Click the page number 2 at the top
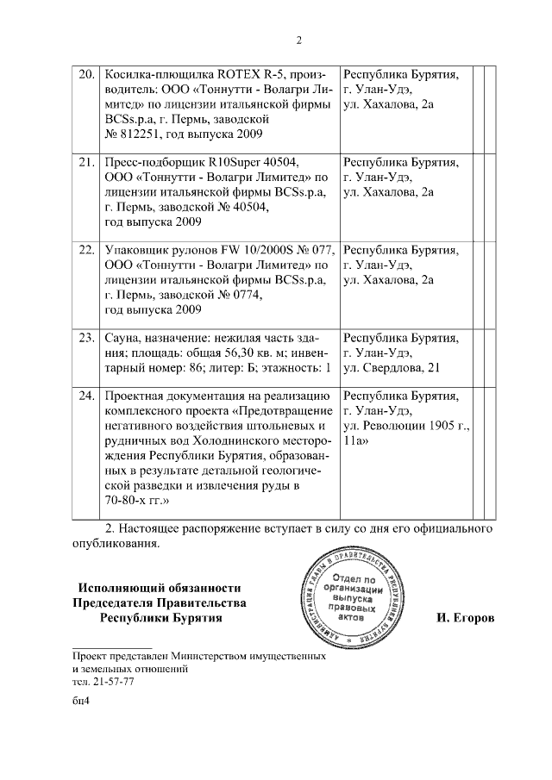tap(298, 40)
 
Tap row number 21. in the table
tap(86, 161)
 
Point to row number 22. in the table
tap(86, 250)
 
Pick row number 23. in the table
tap(86, 338)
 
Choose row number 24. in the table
tap(86, 396)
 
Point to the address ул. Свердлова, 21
tap(392, 368)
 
